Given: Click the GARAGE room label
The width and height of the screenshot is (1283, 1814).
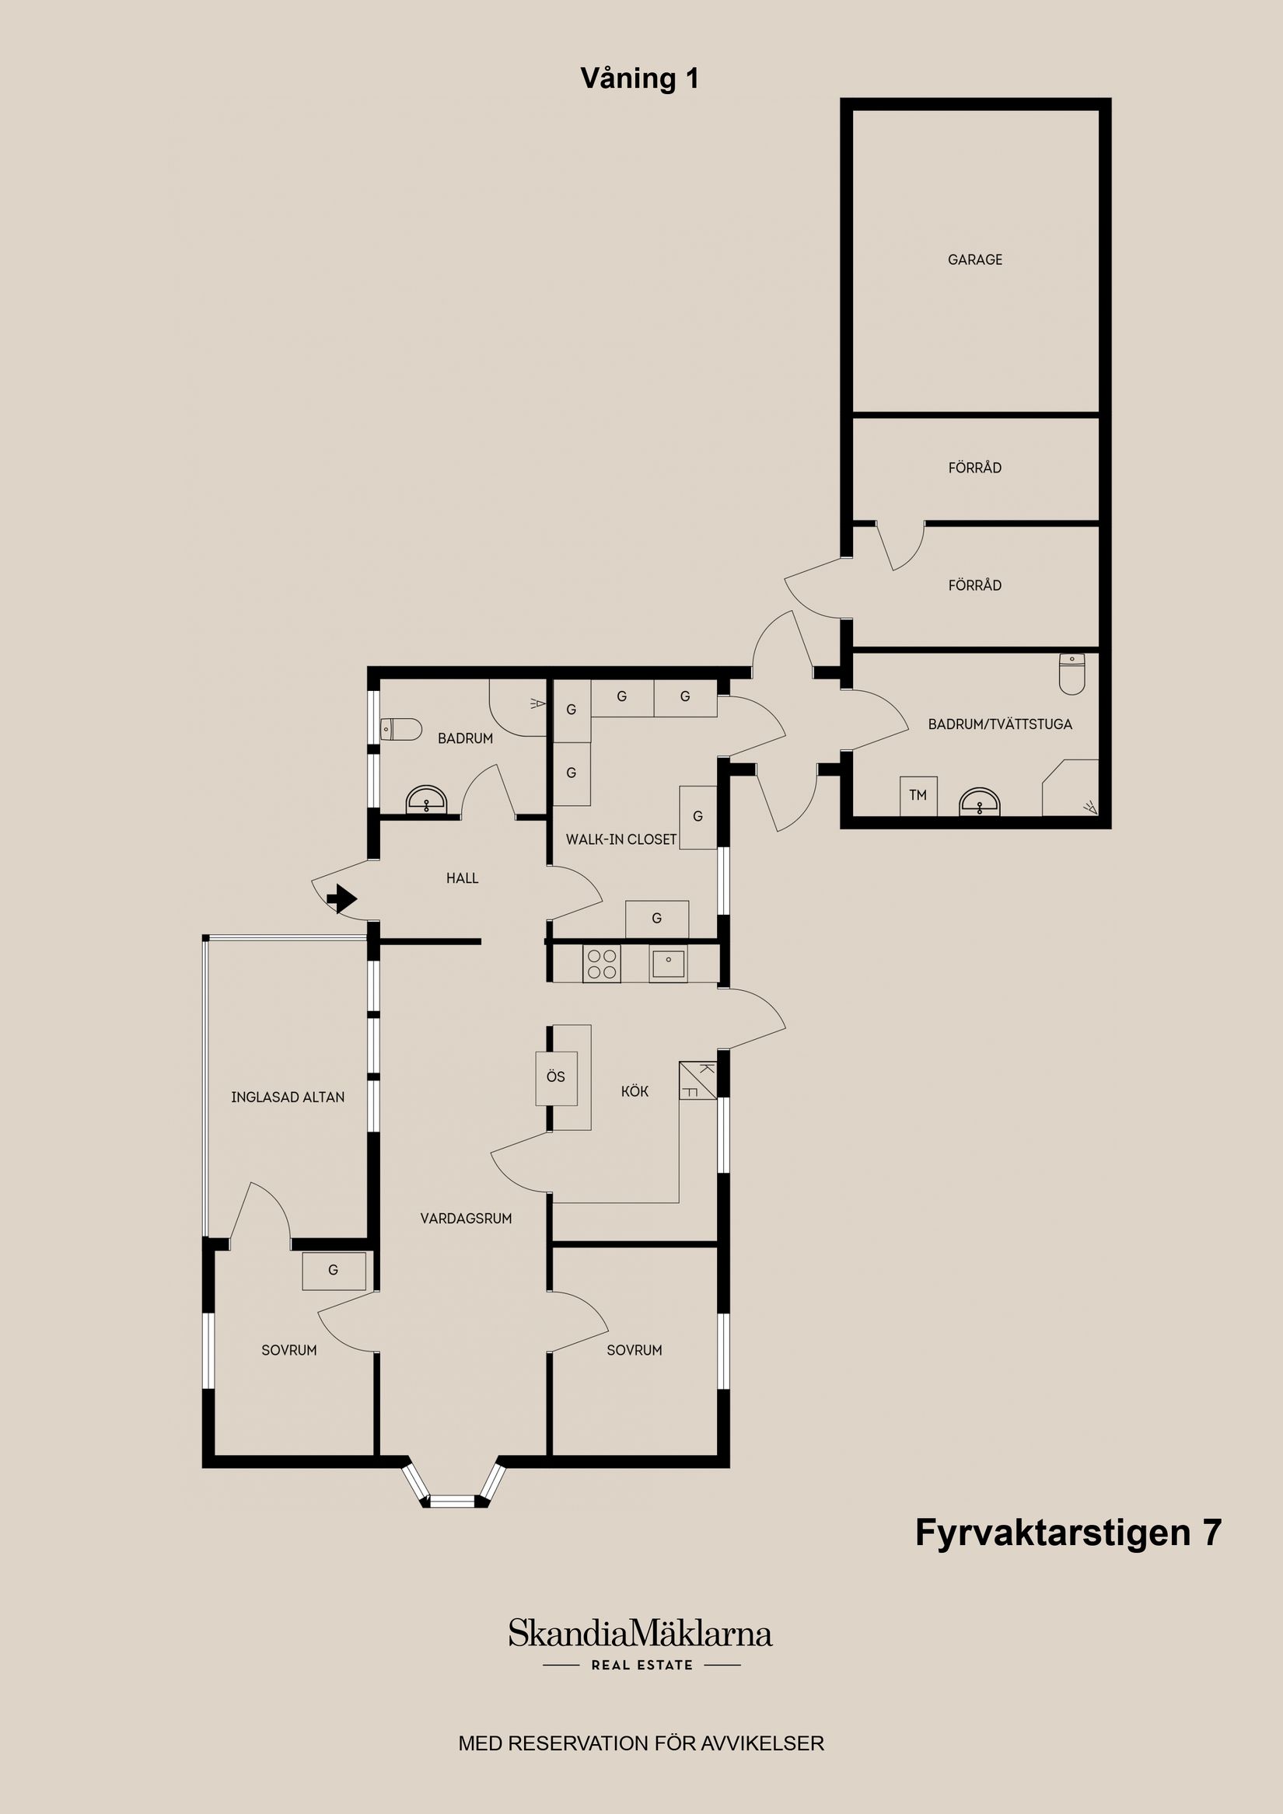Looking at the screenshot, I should tap(975, 259).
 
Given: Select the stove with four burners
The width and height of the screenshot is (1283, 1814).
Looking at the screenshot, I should tap(602, 964).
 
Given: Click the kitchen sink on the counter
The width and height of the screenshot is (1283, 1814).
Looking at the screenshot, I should tap(668, 964).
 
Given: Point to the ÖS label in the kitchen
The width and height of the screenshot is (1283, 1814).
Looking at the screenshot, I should tap(556, 1076).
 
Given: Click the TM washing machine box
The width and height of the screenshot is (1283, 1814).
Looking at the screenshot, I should tap(918, 796).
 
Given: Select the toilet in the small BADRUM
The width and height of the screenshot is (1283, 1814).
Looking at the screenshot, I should tap(400, 728).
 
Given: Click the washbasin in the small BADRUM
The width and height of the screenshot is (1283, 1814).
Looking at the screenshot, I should tap(426, 801).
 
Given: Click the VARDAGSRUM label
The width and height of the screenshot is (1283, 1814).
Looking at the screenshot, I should tap(466, 1219).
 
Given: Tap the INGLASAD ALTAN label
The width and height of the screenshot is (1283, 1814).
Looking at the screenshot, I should tap(288, 1097).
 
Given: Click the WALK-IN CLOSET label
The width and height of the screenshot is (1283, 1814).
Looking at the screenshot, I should tap(621, 839).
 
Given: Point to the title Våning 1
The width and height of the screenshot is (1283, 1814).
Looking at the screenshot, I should tap(639, 78).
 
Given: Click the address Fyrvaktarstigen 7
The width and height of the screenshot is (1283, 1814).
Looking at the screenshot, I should tap(1068, 1532).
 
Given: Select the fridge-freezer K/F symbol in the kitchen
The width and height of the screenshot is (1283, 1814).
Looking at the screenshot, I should tap(697, 1081).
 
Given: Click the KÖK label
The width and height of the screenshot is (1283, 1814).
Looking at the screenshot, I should tap(635, 1091).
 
